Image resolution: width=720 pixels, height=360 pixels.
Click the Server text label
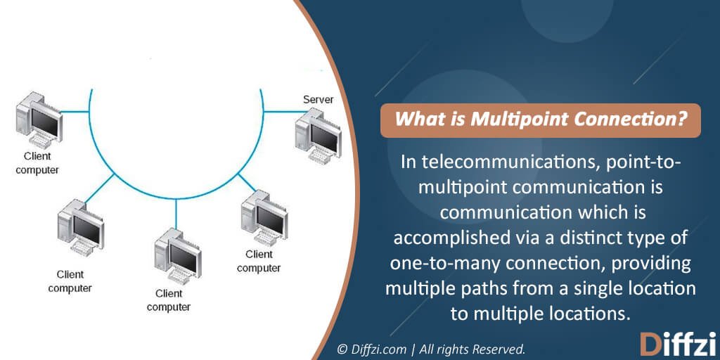click(x=318, y=100)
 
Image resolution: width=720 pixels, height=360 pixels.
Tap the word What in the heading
click(x=414, y=120)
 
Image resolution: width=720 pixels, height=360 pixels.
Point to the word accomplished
click(x=448, y=238)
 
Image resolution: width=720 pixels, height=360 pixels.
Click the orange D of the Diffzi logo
click(x=650, y=345)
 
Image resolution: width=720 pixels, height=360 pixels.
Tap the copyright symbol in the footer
click(x=342, y=348)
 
